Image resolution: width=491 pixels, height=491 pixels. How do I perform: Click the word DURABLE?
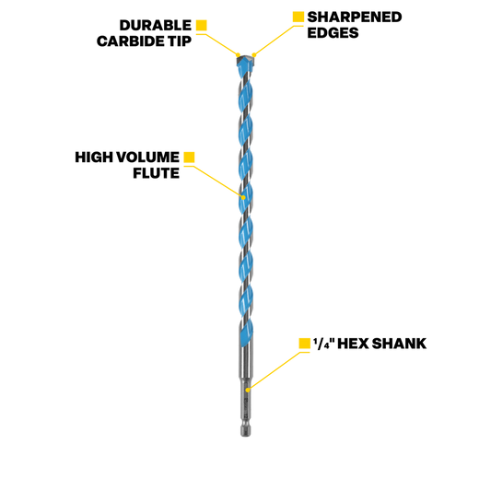[x=156, y=26]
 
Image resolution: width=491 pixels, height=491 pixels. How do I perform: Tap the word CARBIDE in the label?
[x=133, y=41]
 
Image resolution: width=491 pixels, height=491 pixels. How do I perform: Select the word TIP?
[x=181, y=41]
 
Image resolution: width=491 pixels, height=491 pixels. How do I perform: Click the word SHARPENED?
[x=355, y=18]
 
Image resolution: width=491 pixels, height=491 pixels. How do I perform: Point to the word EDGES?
[x=333, y=33]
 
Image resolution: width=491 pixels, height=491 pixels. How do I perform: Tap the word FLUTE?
[x=156, y=173]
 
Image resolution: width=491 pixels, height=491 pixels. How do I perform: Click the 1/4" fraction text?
[x=323, y=344]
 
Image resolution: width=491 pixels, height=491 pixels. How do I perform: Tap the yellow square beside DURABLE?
[x=202, y=26]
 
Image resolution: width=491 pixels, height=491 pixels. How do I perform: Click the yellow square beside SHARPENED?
[x=298, y=17]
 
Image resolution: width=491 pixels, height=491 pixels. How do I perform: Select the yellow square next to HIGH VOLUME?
[x=189, y=158]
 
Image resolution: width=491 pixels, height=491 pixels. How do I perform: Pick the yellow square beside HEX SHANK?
[x=304, y=344]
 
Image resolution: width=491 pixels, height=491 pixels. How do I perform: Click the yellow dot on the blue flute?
[x=243, y=197]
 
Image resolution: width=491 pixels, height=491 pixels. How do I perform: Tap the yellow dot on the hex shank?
[x=248, y=390]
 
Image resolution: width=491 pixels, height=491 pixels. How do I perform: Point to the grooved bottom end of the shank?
[x=245, y=430]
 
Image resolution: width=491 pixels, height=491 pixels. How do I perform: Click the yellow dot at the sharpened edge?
[x=254, y=55]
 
